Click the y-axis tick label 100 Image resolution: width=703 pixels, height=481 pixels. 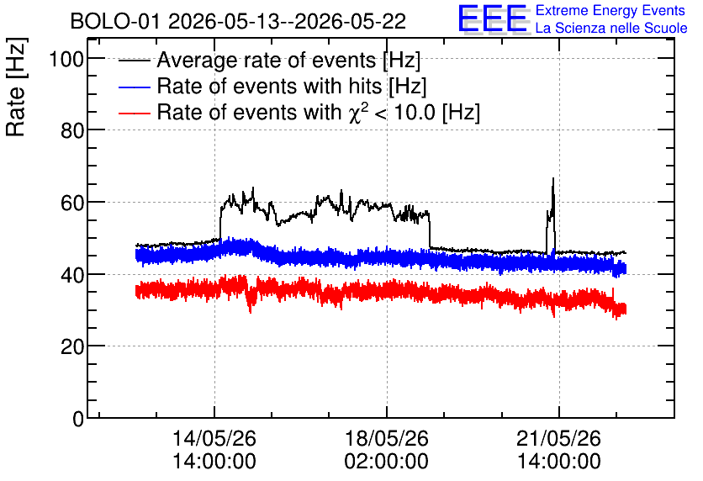(66, 59)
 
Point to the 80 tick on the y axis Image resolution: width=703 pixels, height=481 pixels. (72, 130)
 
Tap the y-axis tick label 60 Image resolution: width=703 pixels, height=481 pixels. (72, 203)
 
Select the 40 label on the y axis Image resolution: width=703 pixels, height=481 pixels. (72, 274)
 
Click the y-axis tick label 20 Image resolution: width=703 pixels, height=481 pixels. (72, 346)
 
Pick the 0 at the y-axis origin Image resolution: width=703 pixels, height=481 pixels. (78, 419)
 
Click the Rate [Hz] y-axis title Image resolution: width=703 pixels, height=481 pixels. (16, 87)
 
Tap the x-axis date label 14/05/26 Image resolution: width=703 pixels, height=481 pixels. (214, 438)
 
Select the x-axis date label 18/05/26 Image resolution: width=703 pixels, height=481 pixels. (387, 438)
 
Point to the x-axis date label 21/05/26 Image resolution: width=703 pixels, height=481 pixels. (558, 438)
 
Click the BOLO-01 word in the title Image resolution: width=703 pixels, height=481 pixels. (115, 22)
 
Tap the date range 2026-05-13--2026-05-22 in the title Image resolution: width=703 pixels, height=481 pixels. (288, 22)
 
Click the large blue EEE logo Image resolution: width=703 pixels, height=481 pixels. (493, 18)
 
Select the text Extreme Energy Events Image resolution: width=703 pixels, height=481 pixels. (610, 11)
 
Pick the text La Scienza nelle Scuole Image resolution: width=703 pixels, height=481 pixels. (611, 29)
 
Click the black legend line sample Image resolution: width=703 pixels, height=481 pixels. (134, 61)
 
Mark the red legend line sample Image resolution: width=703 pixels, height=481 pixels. (134, 113)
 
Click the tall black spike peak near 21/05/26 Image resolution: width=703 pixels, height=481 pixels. (553, 179)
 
